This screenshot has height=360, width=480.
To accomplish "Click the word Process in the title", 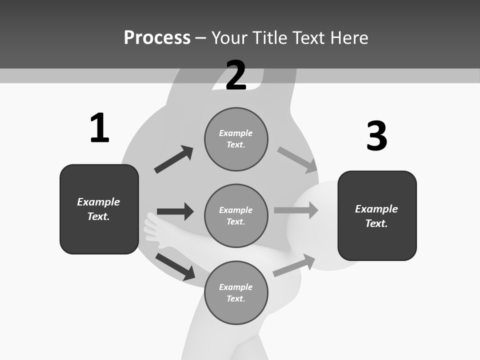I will [157, 37].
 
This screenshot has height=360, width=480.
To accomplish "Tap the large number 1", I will [99, 128].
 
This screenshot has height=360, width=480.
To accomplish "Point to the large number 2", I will [236, 75].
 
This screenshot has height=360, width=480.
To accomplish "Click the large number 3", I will [376, 136].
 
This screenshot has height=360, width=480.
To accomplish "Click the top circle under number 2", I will [236, 139].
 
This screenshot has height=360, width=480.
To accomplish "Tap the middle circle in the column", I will [236, 215].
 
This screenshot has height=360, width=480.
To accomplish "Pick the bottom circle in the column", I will [236, 292].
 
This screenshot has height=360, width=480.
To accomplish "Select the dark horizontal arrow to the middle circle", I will [175, 211].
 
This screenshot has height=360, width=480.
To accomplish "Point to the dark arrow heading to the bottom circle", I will [175, 266].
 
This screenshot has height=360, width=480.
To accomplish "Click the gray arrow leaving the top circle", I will [297, 160].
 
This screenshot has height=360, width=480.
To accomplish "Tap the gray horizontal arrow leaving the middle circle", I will [296, 210].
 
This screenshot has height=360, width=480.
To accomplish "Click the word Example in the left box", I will [98, 202].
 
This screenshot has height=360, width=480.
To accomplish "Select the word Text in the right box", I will [375, 223].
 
